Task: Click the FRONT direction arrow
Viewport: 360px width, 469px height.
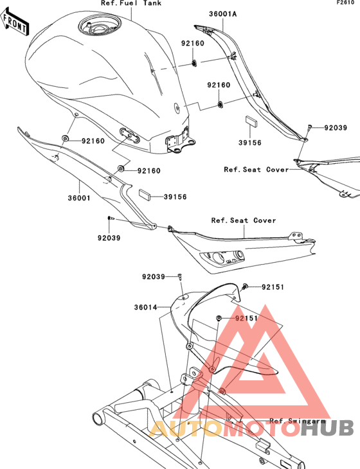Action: [15, 22]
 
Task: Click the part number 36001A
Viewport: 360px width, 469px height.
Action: [222, 13]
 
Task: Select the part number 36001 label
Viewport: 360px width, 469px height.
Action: [79, 198]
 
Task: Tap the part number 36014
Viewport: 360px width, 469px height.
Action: [145, 307]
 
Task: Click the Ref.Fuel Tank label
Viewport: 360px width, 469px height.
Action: [131, 3]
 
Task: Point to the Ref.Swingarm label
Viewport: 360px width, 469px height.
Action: [298, 421]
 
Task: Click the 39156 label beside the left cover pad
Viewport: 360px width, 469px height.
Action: [175, 197]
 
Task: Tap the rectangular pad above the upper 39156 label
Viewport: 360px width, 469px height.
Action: [251, 121]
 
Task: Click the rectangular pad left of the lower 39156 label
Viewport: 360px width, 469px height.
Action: [145, 193]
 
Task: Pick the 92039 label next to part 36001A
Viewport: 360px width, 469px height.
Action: [336, 128]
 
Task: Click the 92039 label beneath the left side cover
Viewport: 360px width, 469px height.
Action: [109, 238]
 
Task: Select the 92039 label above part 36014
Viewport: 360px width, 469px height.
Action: [154, 277]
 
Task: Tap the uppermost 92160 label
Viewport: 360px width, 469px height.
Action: [193, 44]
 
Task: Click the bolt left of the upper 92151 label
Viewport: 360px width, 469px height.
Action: [245, 287]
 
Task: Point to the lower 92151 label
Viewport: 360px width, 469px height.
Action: [246, 318]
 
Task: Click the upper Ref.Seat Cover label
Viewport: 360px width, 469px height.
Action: [256, 170]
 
